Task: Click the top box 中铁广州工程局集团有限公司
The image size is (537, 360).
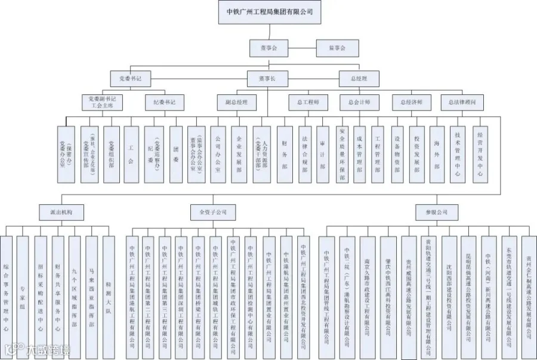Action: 269,11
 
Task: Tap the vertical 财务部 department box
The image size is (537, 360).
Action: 285,153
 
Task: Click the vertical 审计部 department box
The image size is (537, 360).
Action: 323,153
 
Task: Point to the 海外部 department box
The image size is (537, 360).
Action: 437,153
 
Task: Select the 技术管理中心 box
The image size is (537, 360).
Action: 456,153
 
